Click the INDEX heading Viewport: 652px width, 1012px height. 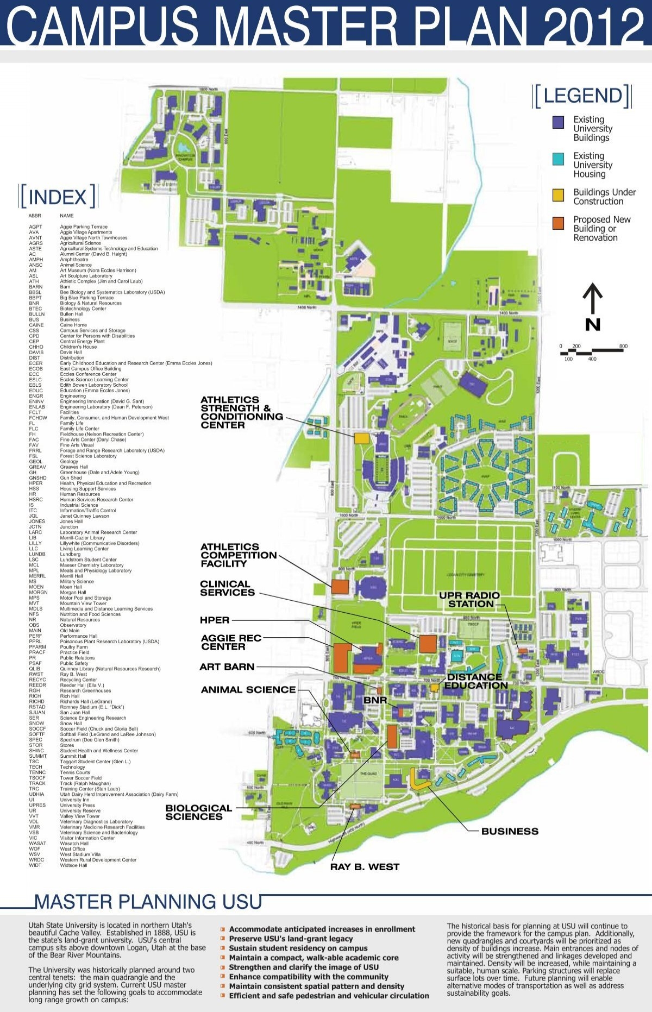click(x=58, y=197)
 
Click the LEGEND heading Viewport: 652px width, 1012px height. click(x=582, y=96)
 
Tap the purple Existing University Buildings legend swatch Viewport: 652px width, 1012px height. click(x=558, y=122)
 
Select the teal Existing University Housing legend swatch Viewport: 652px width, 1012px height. click(x=558, y=159)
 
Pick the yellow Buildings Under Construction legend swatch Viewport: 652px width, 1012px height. click(x=558, y=196)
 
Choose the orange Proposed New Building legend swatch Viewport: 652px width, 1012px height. click(x=558, y=223)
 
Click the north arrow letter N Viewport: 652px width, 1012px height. click(x=592, y=325)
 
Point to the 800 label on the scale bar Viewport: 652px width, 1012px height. click(x=623, y=346)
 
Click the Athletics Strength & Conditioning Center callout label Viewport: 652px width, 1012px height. click(x=241, y=412)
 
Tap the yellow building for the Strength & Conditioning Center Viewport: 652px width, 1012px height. click(x=361, y=438)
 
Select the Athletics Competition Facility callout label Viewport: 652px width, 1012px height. click(x=238, y=555)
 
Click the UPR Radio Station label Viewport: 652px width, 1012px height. click(x=470, y=600)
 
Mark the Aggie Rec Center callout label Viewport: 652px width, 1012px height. click(x=231, y=642)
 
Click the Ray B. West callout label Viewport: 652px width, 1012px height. click(x=365, y=866)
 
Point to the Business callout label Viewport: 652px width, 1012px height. click(x=510, y=831)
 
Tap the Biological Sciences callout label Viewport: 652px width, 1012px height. click(x=198, y=812)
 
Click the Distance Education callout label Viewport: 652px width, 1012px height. click(x=475, y=681)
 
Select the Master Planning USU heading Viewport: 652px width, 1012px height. click(x=148, y=902)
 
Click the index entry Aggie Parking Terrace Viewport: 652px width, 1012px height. click(x=84, y=227)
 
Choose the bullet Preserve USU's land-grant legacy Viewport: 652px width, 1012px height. click(x=291, y=939)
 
